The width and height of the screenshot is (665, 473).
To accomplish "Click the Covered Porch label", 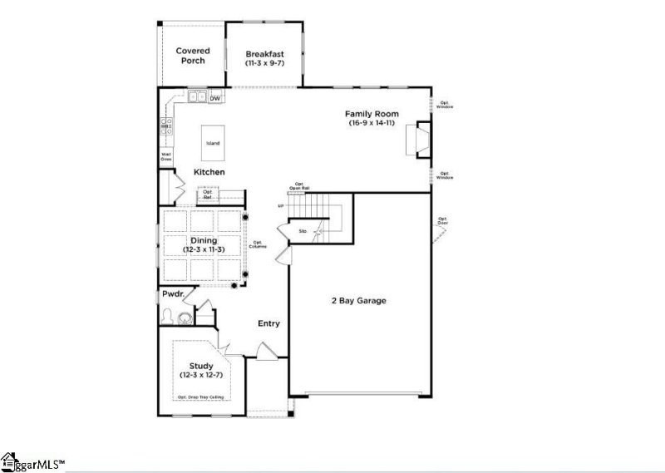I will [x=192, y=56].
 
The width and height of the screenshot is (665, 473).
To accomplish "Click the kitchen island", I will [x=214, y=143].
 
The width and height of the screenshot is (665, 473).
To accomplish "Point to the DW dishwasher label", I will [x=214, y=99].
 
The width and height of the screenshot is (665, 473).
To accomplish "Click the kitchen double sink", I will [x=198, y=98].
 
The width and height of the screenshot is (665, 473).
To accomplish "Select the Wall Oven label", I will [x=165, y=156].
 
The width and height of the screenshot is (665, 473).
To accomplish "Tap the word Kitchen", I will [x=209, y=171].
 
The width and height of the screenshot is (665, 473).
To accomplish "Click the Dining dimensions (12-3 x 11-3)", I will [x=204, y=249].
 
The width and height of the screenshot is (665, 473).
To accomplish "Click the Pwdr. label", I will [x=173, y=294].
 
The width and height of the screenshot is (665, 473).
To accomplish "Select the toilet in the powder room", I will [x=170, y=316].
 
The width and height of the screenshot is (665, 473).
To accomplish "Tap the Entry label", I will [x=268, y=323].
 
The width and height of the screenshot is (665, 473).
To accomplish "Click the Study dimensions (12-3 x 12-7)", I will [x=201, y=376].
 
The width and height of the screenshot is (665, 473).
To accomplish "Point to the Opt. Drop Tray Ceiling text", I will [x=200, y=397].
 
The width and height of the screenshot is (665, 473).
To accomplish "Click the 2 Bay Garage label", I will [x=359, y=300].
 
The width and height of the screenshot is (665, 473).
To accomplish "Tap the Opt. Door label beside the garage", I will [x=444, y=221].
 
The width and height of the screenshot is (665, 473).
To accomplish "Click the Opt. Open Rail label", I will [x=299, y=188].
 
